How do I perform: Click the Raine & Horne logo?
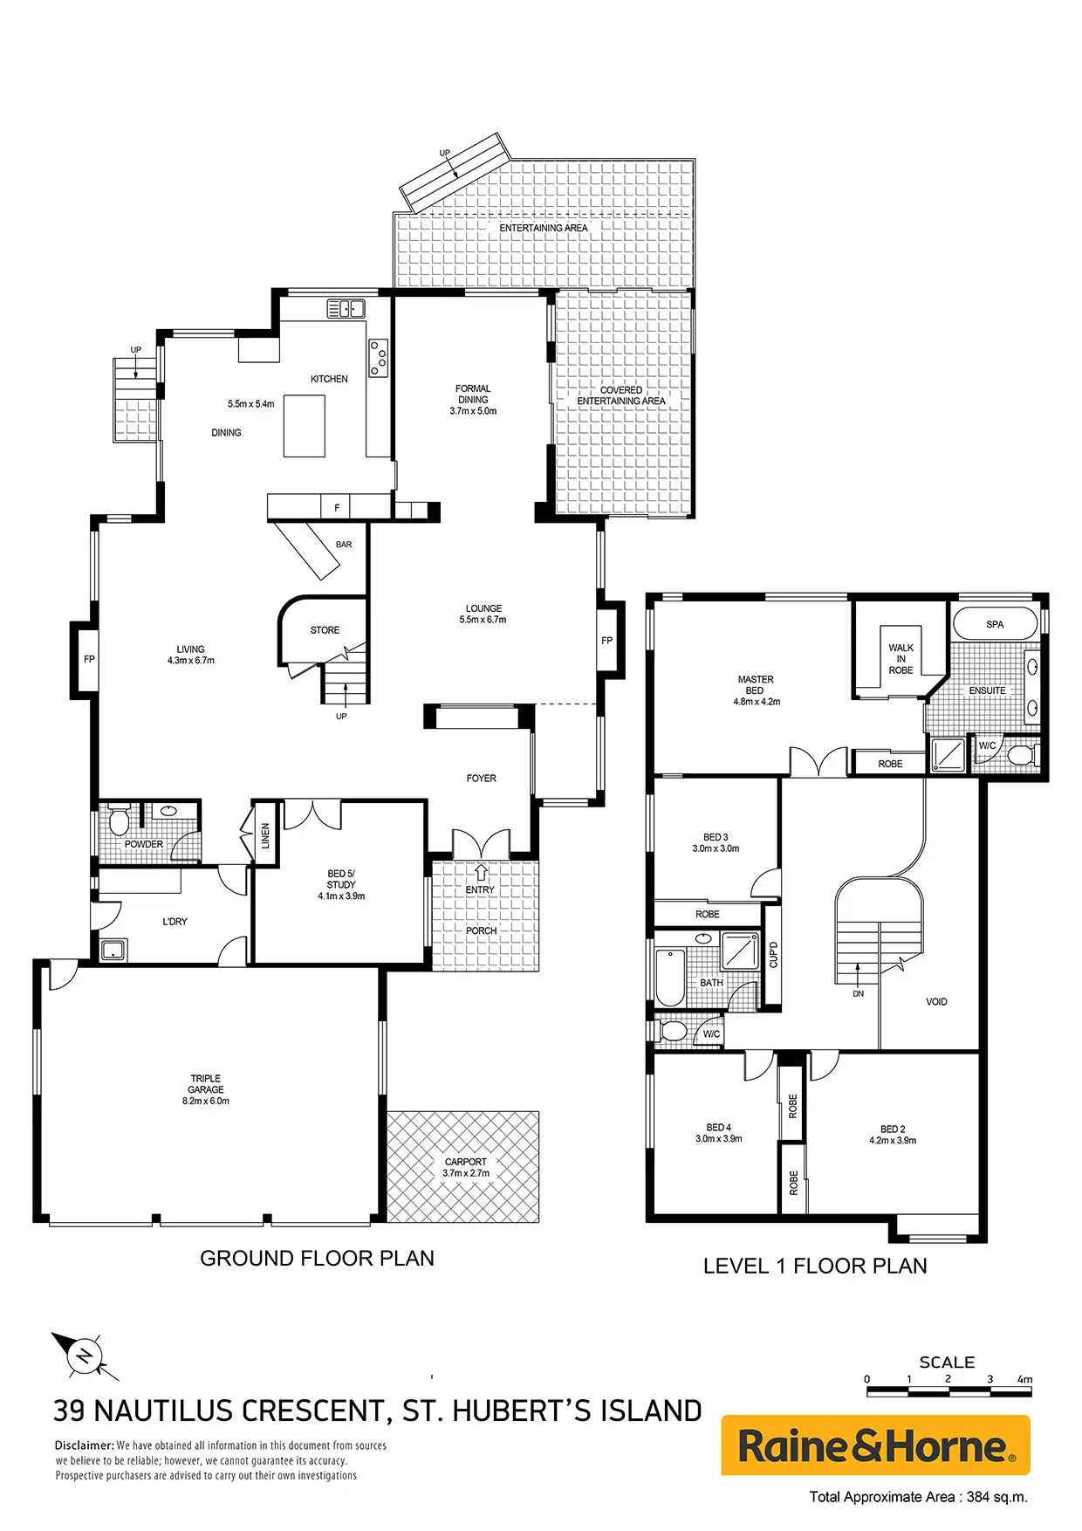coord(875,1445)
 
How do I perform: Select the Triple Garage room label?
coord(206,1089)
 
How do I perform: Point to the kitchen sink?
coord(346,308)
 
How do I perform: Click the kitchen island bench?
coord(305,425)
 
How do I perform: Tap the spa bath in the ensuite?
coord(995,624)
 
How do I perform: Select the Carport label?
coord(466,1167)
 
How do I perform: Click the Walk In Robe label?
coord(901,659)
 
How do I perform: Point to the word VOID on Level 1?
coord(936,1002)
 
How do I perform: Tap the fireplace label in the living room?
coord(89,659)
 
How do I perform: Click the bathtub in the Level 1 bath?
coord(670,976)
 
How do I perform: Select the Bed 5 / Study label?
coord(341,884)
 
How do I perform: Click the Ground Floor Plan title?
coord(317,1258)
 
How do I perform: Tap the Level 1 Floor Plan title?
coord(815,1266)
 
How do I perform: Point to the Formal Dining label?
coord(473,400)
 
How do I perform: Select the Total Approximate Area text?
coord(918,1496)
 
